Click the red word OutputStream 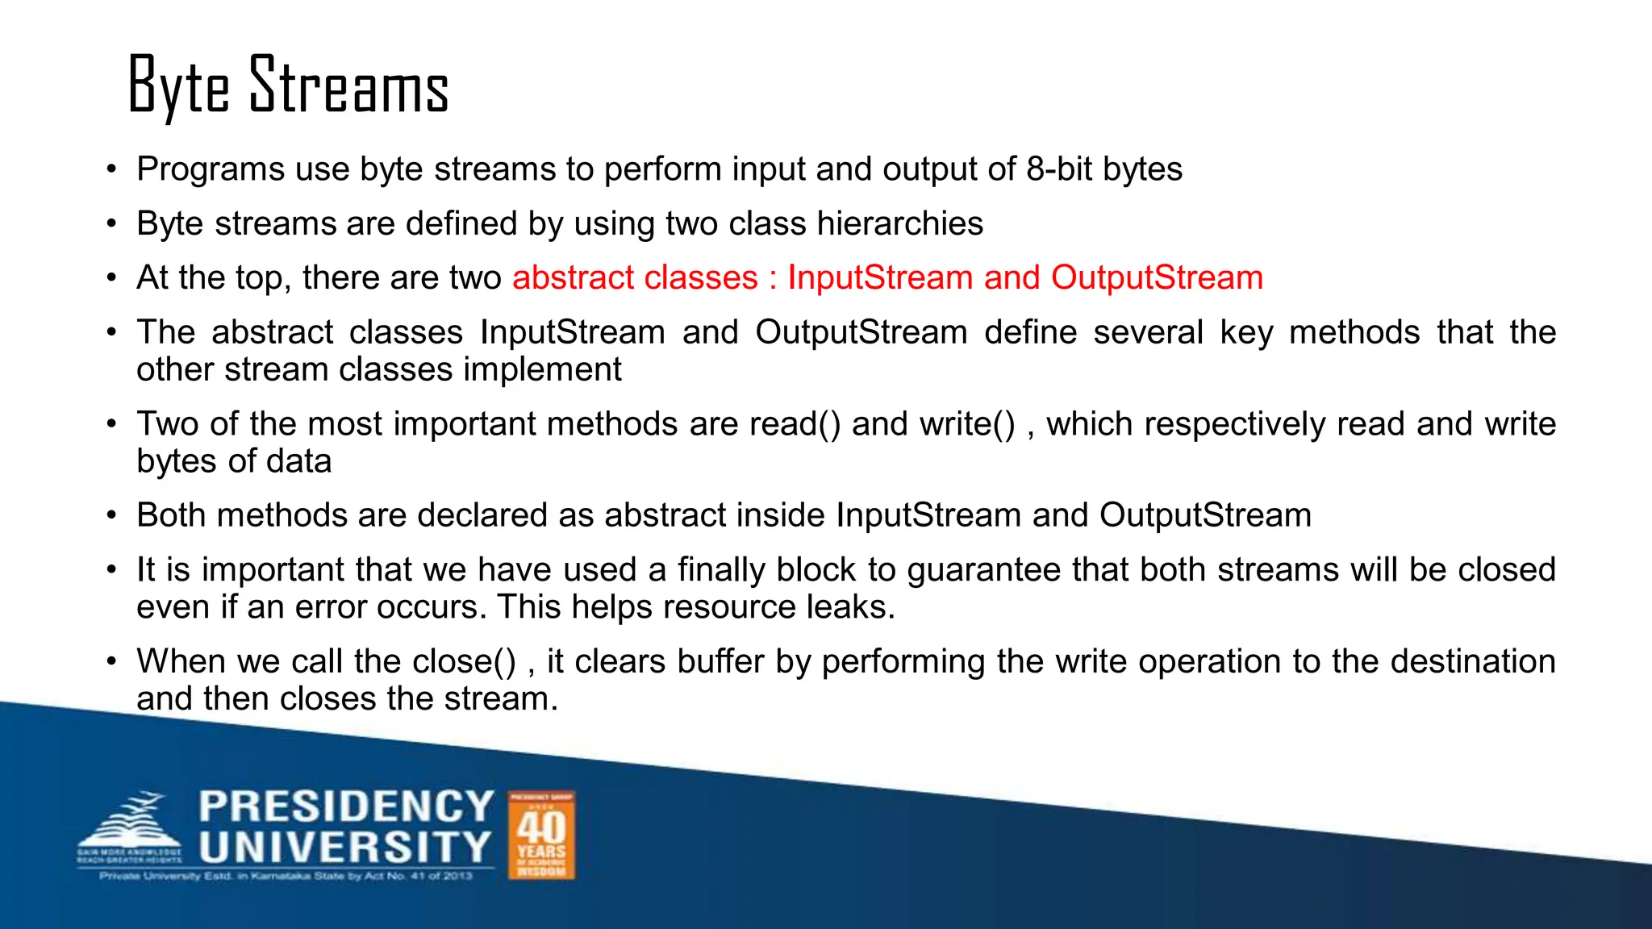1157,277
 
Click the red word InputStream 880,277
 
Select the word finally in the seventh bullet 721,570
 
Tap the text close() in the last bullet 464,662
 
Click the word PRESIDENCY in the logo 347,806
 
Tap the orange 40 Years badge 541,835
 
